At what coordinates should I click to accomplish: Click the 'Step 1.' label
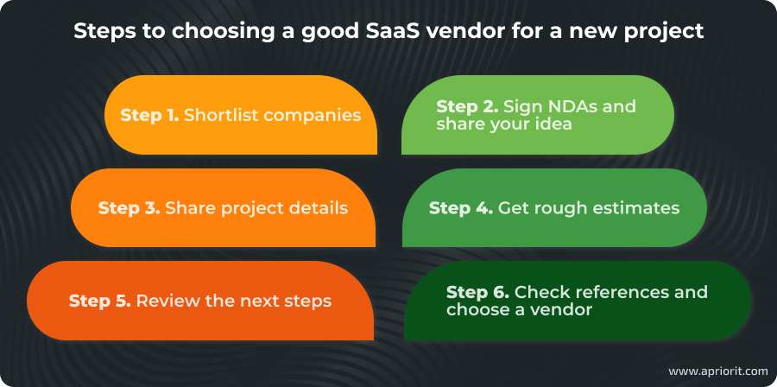point(149,115)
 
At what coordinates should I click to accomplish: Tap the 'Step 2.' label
point(467,106)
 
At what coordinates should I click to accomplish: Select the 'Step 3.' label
point(129,208)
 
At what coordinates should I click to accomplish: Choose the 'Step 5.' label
point(99,301)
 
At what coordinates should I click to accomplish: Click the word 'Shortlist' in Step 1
point(221,115)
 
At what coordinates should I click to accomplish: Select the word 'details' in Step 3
point(319,208)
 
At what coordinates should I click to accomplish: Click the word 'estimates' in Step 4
point(638,208)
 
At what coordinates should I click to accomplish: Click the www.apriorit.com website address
point(717,371)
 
